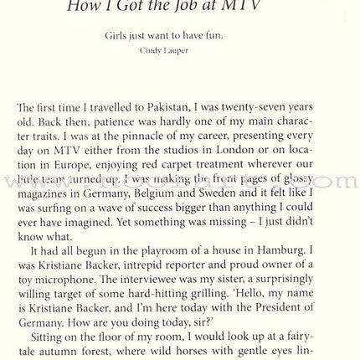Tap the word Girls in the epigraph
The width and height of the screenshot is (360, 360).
point(116,37)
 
